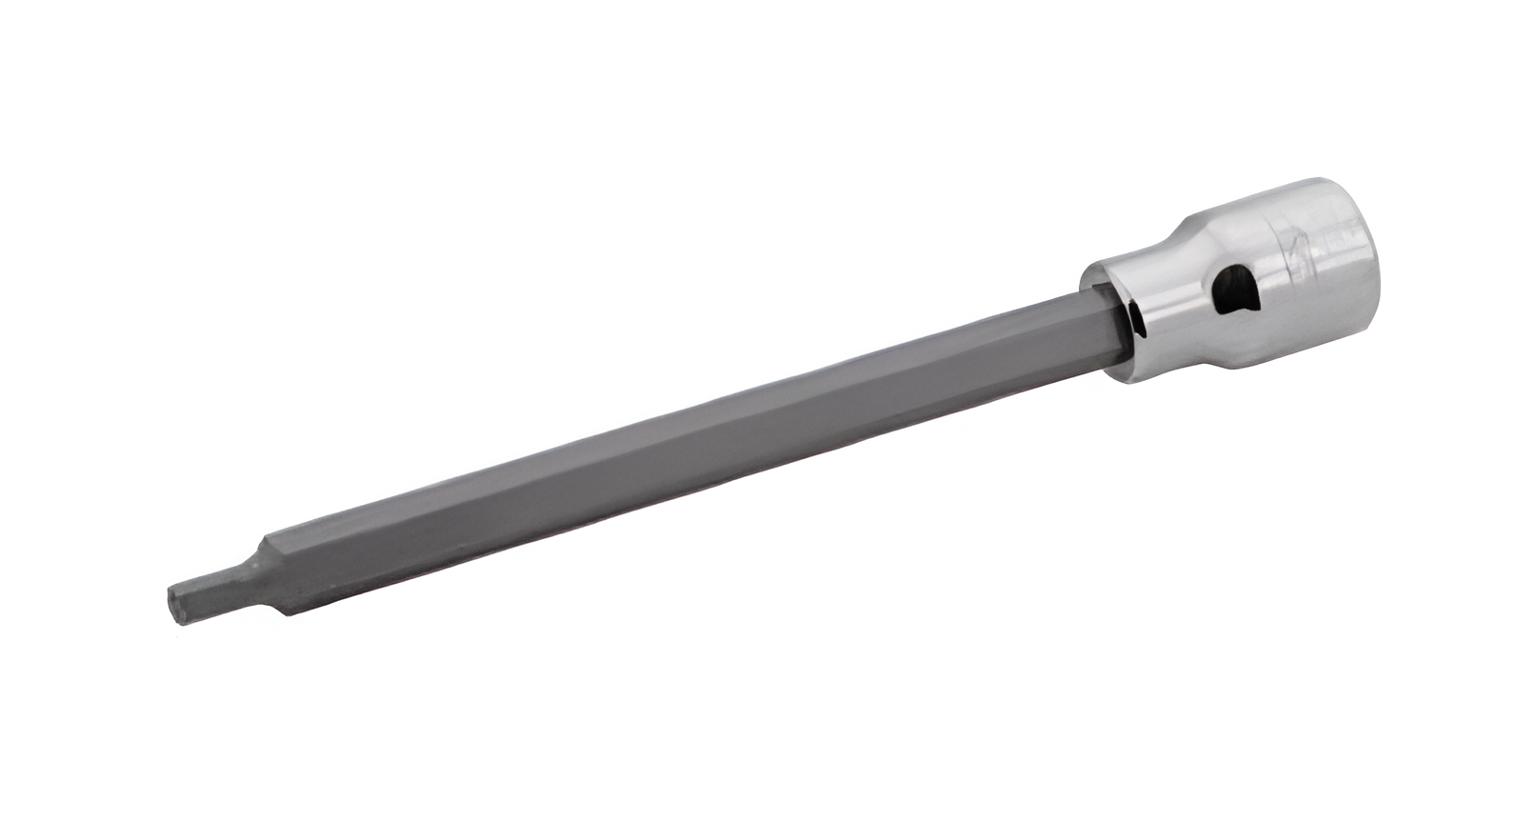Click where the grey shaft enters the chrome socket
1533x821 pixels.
[1105, 324]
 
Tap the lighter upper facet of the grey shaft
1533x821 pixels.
[667, 419]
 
